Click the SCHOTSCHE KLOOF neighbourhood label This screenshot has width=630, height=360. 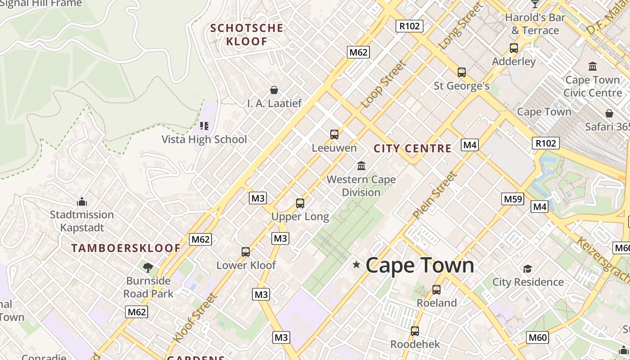[247, 35]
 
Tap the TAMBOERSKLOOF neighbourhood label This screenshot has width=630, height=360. [126, 248]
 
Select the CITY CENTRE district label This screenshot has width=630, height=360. [412, 148]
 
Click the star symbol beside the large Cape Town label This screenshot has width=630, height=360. [356, 265]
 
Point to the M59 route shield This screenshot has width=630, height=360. [513, 199]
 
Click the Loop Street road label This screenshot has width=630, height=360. [383, 85]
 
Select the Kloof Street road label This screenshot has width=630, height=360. [195, 317]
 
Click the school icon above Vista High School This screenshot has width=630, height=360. [204, 126]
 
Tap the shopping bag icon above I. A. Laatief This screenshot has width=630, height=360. [274, 90]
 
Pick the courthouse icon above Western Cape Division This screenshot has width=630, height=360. [361, 166]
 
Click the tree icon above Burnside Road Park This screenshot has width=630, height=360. [148, 268]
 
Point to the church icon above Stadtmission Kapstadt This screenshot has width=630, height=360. [82, 202]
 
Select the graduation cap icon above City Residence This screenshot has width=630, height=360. [527, 269]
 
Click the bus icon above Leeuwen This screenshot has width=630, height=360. [334, 135]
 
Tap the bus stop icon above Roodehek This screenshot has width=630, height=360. [415, 331]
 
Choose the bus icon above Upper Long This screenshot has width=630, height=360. [300, 203]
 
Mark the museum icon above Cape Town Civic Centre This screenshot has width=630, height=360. [593, 67]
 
